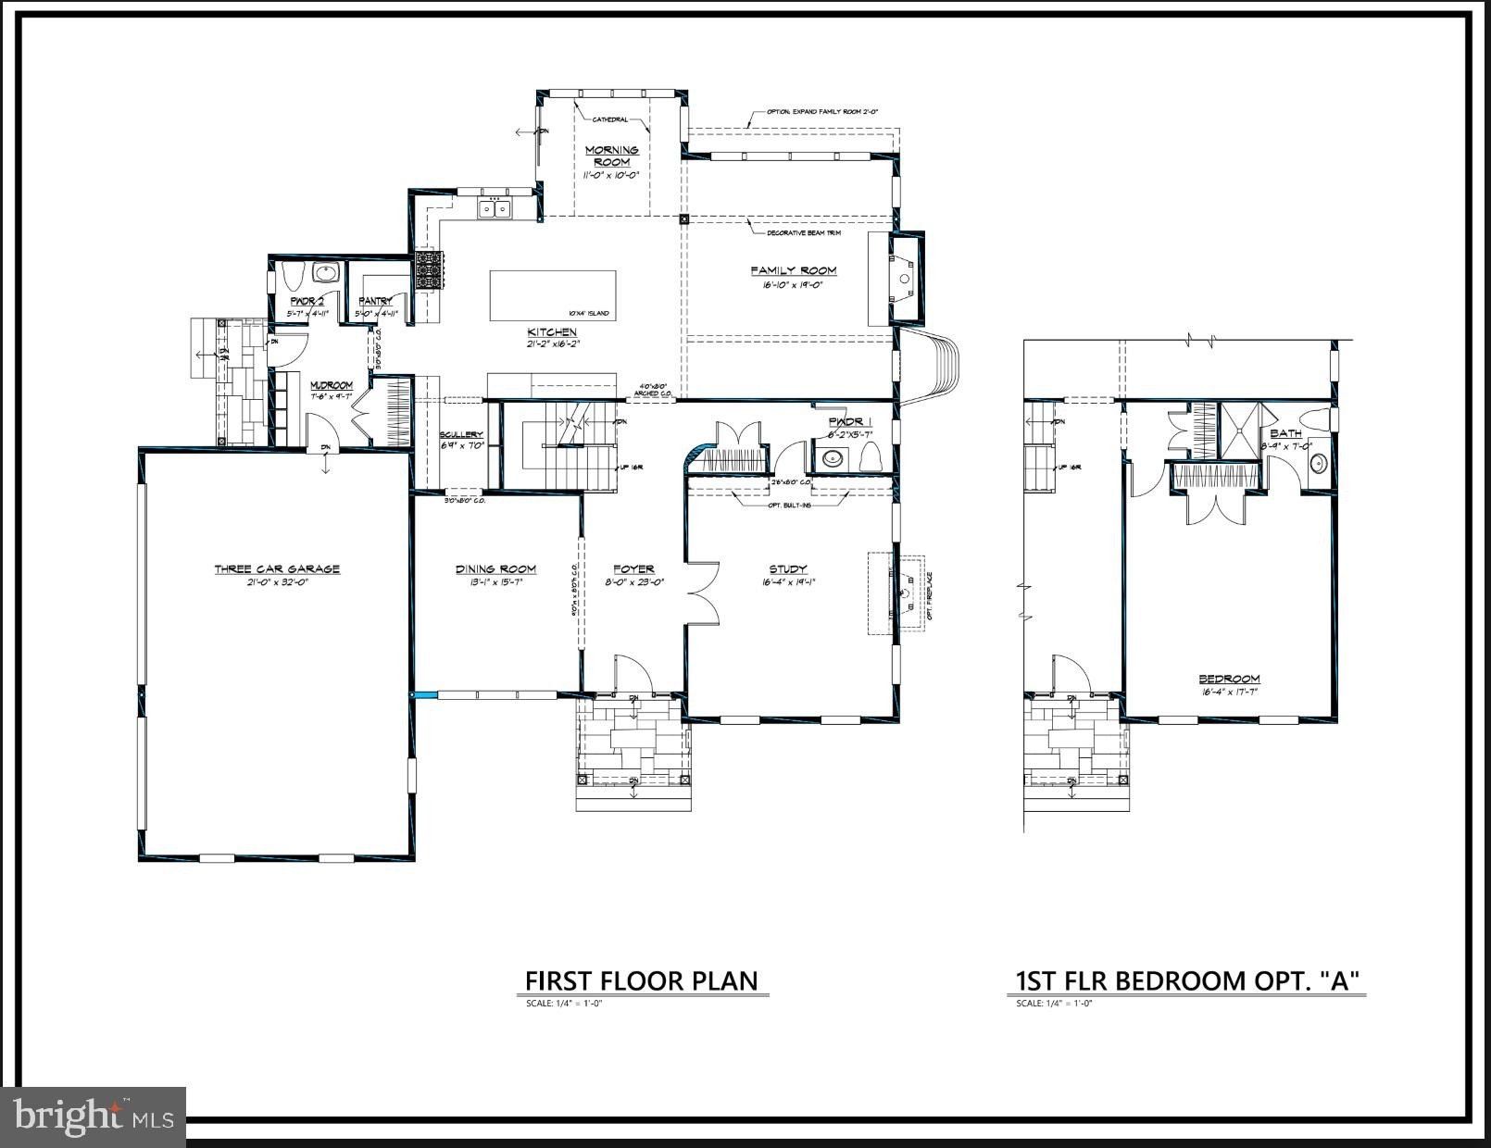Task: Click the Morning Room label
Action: click(x=611, y=156)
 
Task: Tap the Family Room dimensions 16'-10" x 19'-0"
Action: click(x=793, y=285)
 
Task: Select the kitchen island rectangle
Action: click(x=552, y=294)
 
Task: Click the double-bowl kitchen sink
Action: click(x=495, y=209)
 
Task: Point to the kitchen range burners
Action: click(x=429, y=269)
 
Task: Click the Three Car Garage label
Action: click(x=277, y=568)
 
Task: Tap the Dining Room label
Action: click(x=495, y=569)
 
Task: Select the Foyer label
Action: click(x=633, y=569)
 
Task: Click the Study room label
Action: click(x=787, y=569)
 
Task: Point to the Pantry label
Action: click(x=375, y=302)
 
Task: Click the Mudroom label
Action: click(x=331, y=385)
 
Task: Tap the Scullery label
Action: click(x=461, y=434)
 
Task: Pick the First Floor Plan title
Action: click(x=642, y=980)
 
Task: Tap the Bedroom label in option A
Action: click(x=1229, y=679)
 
